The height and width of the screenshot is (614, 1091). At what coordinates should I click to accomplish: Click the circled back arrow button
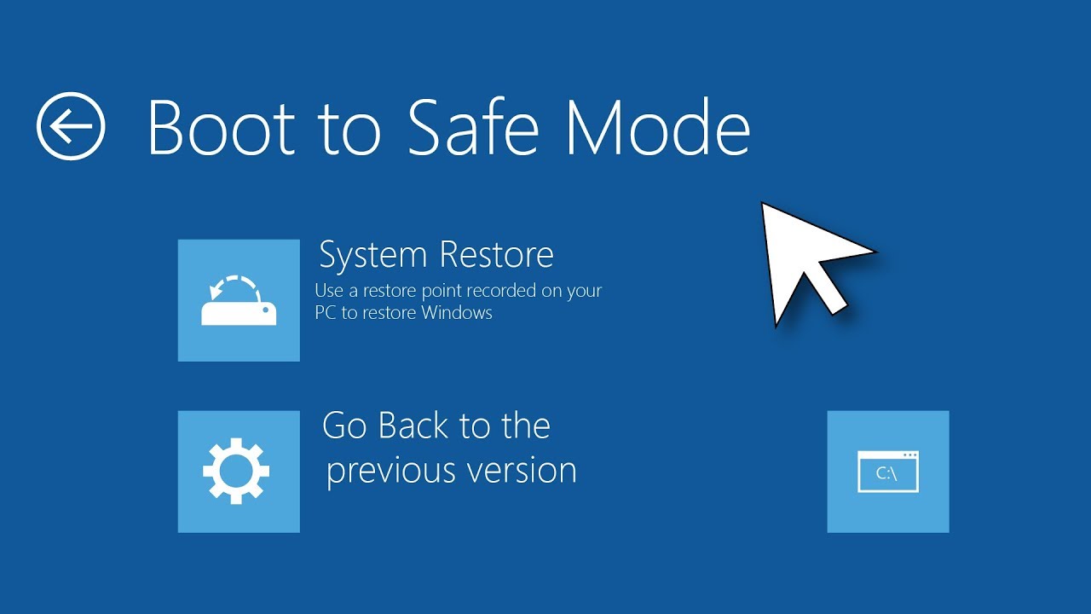(x=71, y=126)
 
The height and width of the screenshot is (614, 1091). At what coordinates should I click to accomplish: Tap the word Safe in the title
(x=472, y=128)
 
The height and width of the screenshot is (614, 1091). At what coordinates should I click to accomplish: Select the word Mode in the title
(x=656, y=128)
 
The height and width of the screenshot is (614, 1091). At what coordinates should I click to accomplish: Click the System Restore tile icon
(x=239, y=300)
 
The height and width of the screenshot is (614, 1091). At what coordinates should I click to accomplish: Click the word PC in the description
(x=326, y=313)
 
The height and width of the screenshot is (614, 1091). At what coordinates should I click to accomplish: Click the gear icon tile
(x=239, y=472)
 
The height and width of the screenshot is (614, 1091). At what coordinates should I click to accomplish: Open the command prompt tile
(x=887, y=472)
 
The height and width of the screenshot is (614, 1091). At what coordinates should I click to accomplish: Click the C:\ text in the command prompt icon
(x=886, y=474)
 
